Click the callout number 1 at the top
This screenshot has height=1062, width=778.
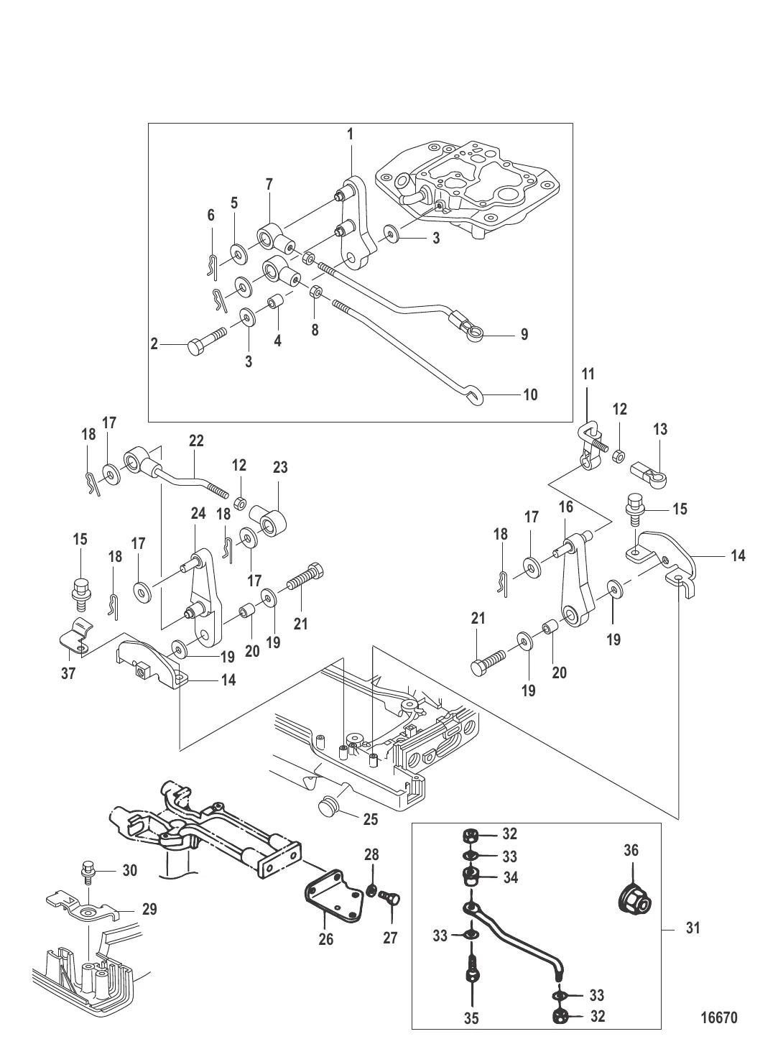(x=350, y=134)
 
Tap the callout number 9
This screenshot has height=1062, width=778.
(x=524, y=334)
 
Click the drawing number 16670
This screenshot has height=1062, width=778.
(x=718, y=1018)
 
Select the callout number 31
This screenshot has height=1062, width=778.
(x=693, y=928)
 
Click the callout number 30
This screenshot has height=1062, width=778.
(x=129, y=870)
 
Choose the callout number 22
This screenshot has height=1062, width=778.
(x=196, y=440)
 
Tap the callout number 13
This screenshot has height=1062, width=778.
(x=660, y=429)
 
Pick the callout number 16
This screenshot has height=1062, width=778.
(x=566, y=507)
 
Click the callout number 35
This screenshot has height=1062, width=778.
(x=472, y=1018)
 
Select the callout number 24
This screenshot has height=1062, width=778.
(x=198, y=514)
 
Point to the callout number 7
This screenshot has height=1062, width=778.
(x=269, y=185)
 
